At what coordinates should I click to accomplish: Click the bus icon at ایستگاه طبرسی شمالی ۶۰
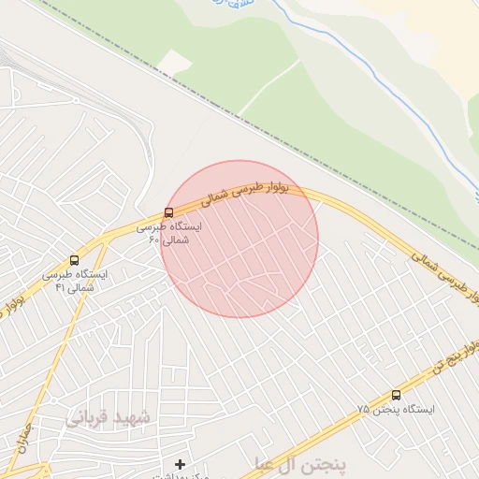click(x=168, y=212)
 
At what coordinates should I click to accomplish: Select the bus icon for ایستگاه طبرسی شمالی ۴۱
click(x=74, y=260)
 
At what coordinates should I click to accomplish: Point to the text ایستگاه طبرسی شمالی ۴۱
click(x=75, y=281)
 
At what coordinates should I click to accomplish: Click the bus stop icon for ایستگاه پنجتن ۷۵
click(x=396, y=395)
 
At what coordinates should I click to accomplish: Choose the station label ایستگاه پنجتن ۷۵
click(x=385, y=410)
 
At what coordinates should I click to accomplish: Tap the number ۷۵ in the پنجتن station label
click(x=363, y=411)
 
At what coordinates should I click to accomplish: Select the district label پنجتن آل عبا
click(x=299, y=463)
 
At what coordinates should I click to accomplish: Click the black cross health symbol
click(x=180, y=464)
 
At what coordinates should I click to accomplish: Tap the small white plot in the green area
click(x=174, y=62)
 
